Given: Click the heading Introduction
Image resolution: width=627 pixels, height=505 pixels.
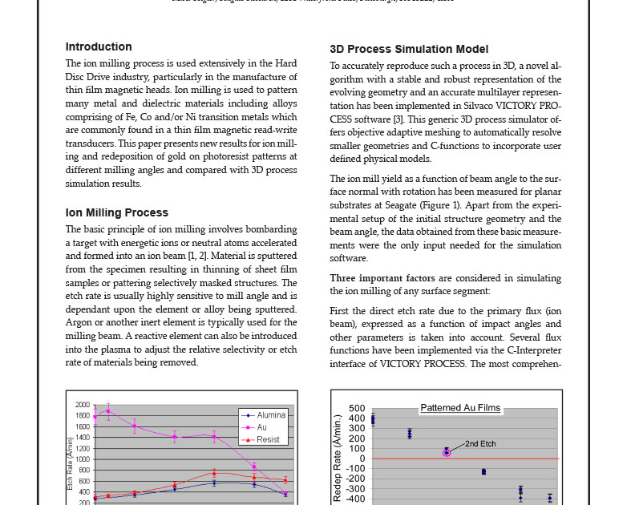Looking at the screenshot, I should (99, 47).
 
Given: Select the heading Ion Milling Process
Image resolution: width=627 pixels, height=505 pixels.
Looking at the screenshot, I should (116, 213).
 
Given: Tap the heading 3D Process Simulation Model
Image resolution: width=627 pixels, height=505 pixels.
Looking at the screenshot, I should (408, 50).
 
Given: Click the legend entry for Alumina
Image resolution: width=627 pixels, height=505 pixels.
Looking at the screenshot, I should (270, 415).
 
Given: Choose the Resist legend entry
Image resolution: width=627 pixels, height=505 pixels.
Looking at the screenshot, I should (268, 439).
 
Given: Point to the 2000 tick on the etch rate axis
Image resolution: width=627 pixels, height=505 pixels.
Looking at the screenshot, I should (83, 406).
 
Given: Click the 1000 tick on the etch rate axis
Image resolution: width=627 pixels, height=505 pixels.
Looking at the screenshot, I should (83, 459).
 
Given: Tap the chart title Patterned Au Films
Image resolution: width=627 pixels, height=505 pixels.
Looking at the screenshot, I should (460, 408).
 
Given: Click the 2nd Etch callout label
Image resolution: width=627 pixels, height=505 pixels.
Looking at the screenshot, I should (480, 443).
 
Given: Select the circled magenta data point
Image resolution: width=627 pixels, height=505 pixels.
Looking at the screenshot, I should (447, 453).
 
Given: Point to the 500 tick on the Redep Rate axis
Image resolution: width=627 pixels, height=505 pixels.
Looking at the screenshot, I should (357, 409).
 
